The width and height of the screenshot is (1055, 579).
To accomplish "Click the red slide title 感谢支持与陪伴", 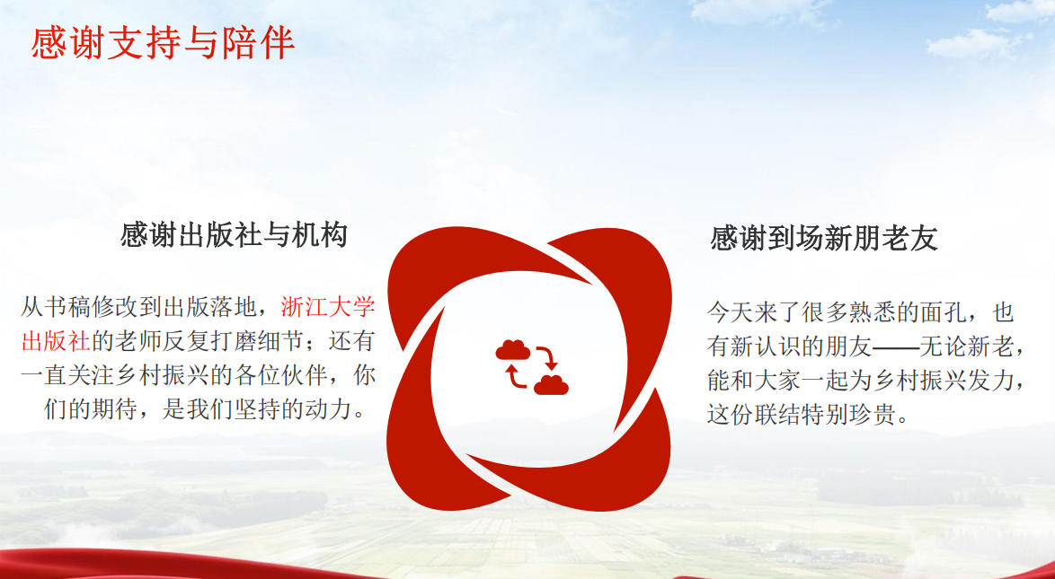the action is (163, 43).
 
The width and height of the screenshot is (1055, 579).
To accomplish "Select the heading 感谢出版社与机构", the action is (235, 236).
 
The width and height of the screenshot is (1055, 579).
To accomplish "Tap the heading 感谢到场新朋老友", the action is (824, 239).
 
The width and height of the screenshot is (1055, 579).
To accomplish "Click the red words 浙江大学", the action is (328, 307).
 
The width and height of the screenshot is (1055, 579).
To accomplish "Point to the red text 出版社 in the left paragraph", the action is (56, 341).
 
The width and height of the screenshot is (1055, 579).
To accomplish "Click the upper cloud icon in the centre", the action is (513, 350).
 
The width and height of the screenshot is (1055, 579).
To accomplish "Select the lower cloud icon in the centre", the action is (551, 385).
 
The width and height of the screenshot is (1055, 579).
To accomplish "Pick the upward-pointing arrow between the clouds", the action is (516, 377).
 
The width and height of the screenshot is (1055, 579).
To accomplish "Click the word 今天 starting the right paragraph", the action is (730, 312).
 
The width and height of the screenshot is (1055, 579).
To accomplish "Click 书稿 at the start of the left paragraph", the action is (67, 307).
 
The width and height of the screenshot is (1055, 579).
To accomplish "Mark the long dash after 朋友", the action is (896, 347).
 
